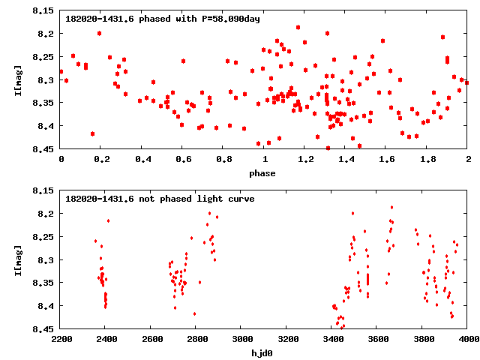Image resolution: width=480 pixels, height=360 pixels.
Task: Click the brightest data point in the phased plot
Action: click(x=298, y=27)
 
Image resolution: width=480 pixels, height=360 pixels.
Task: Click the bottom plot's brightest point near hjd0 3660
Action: click(x=391, y=207)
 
